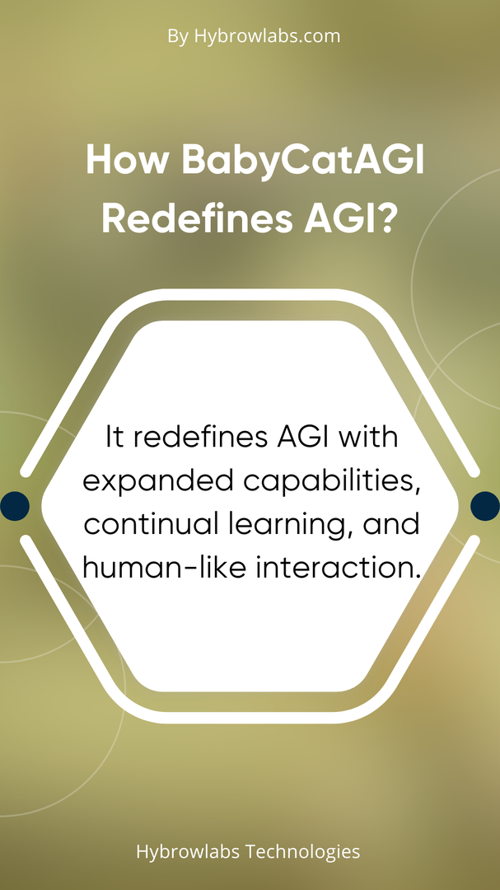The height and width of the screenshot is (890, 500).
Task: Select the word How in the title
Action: (x=128, y=160)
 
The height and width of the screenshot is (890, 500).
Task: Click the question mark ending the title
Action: (x=386, y=219)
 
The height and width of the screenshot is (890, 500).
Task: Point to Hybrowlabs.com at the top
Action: (x=268, y=36)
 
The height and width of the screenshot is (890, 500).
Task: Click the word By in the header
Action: (x=178, y=37)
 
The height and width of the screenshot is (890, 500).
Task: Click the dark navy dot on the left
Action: (x=15, y=506)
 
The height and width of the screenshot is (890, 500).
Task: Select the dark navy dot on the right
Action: (x=485, y=506)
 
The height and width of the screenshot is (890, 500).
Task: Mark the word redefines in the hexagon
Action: (x=194, y=438)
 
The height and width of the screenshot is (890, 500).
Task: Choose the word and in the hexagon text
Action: (x=394, y=525)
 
